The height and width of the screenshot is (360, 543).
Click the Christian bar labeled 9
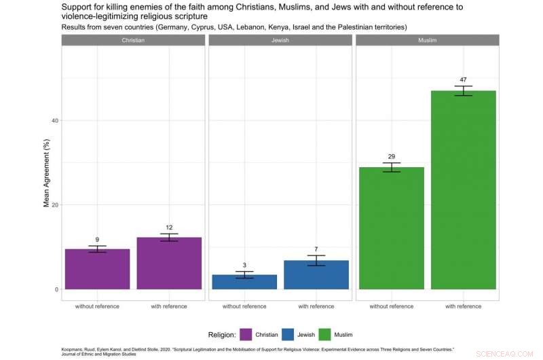pyautogui.click(x=97, y=269)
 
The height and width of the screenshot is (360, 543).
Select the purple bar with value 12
pyautogui.click(x=169, y=264)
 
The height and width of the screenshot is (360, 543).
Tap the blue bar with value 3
pyautogui.click(x=244, y=282)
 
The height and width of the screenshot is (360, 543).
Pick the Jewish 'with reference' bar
pyautogui.click(x=316, y=275)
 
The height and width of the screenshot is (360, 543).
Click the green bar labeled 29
pyautogui.click(x=391, y=228)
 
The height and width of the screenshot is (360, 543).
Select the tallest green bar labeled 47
pyautogui.click(x=463, y=190)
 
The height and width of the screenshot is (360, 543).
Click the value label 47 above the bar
pyautogui.click(x=463, y=80)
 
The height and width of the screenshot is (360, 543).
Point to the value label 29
pyautogui.click(x=391, y=157)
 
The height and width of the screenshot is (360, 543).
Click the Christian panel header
pyautogui.click(x=133, y=40)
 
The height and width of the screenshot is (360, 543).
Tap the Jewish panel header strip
pyautogui.click(x=280, y=40)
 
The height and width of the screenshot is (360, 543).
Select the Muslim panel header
pyautogui.click(x=427, y=40)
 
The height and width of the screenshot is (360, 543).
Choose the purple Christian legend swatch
pyautogui.click(x=246, y=334)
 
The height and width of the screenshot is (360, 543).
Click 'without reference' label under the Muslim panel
pyautogui.click(x=391, y=306)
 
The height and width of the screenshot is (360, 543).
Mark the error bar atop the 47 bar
pyautogui.click(x=463, y=91)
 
